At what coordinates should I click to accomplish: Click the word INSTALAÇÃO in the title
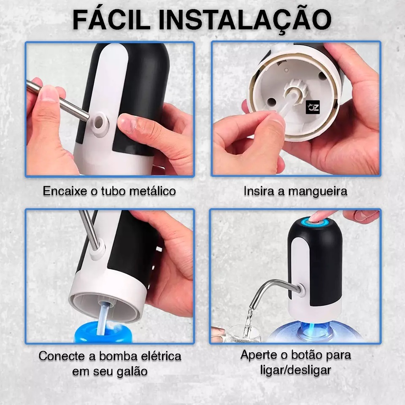pos(245,21)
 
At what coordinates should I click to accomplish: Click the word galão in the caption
pos(132,371)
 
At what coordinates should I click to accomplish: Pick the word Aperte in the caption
pos(260,355)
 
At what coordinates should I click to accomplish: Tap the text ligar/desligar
pos(295,370)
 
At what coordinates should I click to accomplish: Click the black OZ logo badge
pos(313,107)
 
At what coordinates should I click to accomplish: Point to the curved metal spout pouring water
pos(273,290)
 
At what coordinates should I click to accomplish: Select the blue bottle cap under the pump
pos(103,331)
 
